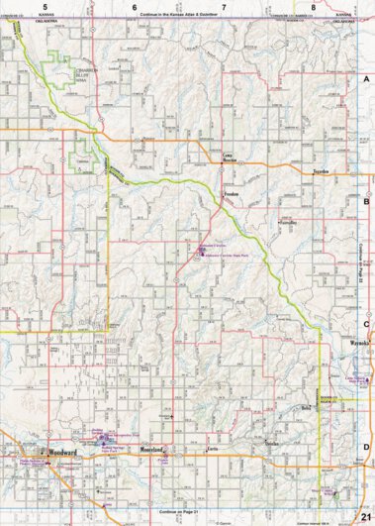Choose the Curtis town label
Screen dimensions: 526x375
(212, 448)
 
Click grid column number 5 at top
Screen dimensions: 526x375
(46, 7)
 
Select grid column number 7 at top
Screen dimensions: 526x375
(224, 7)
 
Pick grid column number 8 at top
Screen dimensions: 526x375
(313, 7)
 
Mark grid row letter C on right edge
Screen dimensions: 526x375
(366, 323)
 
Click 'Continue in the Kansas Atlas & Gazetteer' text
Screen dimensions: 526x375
(188, 17)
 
